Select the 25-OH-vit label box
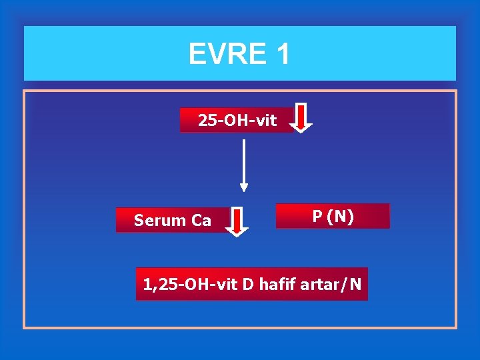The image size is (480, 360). click(237, 120)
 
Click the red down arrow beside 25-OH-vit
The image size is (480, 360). click(302, 118)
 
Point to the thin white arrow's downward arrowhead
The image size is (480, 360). click(244, 187)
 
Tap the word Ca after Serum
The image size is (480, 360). click(202, 221)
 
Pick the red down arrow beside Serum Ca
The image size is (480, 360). click(237, 221)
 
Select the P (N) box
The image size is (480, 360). click(333, 216)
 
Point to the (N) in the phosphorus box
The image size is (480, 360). click(342, 217)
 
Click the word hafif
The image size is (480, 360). click(278, 285)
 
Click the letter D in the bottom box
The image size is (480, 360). click(247, 285)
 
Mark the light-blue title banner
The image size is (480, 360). click(240, 53)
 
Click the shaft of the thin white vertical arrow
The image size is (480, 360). click(244, 160)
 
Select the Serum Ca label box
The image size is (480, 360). click(173, 220)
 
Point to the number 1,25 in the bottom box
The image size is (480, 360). click(157, 285)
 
